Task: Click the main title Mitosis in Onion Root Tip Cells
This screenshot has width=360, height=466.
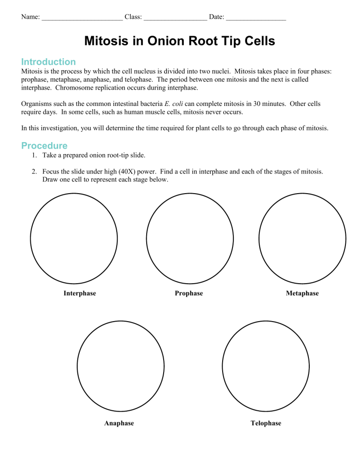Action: point(180,41)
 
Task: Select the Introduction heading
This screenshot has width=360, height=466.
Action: point(48,62)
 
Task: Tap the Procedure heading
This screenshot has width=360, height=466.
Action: point(45,146)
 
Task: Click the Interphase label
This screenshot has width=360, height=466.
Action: point(80,293)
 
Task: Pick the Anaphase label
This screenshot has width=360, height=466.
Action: point(119,423)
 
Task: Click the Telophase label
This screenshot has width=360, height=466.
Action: point(266,423)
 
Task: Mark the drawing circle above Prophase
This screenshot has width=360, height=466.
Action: point(190,237)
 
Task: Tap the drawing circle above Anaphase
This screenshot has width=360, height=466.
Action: point(120,367)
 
